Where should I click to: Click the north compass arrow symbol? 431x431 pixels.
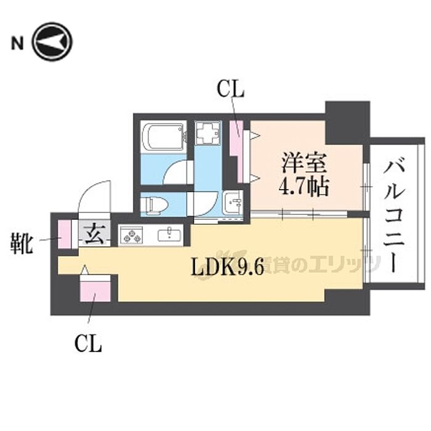click(x=52, y=42)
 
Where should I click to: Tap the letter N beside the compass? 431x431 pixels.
click(x=17, y=43)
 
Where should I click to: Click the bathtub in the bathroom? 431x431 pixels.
click(x=162, y=136)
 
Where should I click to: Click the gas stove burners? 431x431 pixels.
click(x=131, y=235)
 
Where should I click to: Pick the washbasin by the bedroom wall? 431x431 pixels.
click(x=232, y=201)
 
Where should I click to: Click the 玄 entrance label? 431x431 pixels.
click(x=94, y=235)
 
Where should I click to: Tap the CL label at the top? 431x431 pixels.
click(x=230, y=90)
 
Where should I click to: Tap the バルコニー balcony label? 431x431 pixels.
click(x=395, y=215)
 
